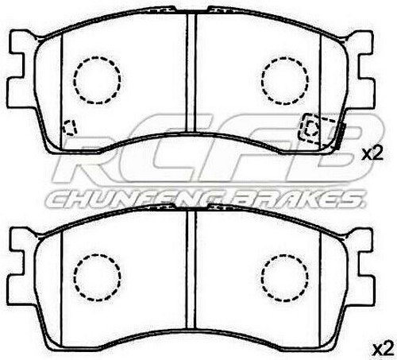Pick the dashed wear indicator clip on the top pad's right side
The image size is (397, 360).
316,129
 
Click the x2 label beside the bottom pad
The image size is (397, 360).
383,347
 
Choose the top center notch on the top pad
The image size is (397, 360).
190,11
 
